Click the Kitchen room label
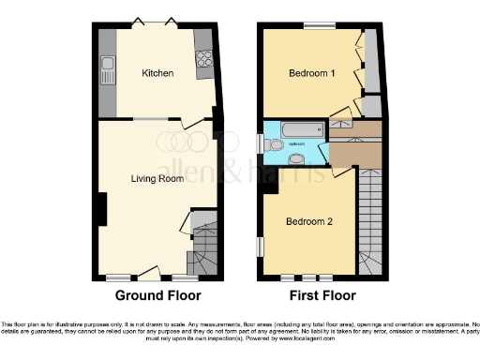(x=157, y=73)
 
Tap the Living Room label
(x=156, y=178)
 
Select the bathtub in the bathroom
(x=295, y=129)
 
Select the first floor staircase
(x=372, y=216)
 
